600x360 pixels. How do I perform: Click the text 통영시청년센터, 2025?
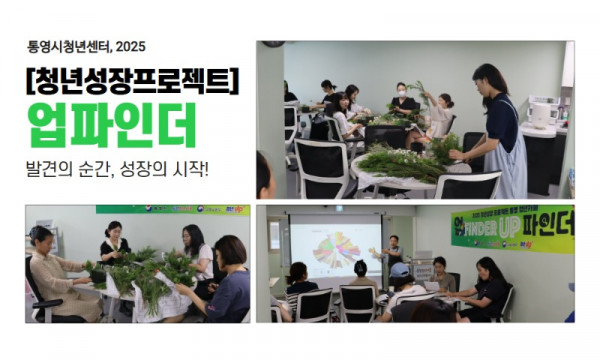87,45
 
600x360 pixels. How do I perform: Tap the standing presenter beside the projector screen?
393,253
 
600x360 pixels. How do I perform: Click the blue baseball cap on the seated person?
399,269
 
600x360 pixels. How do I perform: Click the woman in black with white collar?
113,245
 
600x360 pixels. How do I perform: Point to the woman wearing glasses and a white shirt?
194,255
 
